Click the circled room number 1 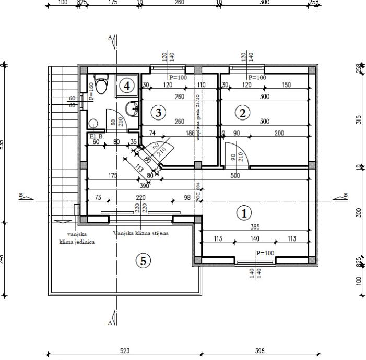pyautogui.click(x=243, y=213)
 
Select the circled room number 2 pyautogui.click(x=241, y=112)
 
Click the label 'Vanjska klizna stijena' pyautogui.click(x=141, y=233)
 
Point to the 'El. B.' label pyautogui.click(x=97, y=137)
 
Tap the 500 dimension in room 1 pyautogui.click(x=235, y=176)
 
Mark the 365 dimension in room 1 pyautogui.click(x=254, y=226)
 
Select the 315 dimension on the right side pyautogui.click(x=358, y=119)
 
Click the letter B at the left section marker pyautogui.click(x=21, y=195)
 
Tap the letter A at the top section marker pyautogui.click(x=110, y=38)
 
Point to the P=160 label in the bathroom pyautogui.click(x=91, y=91)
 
